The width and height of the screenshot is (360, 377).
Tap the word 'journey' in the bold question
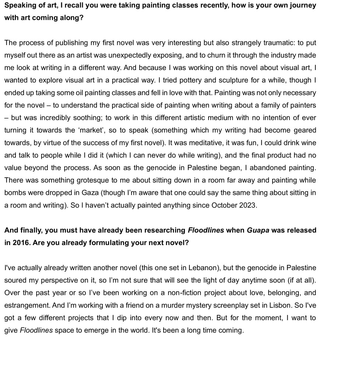303,6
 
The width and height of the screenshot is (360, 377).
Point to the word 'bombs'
15,193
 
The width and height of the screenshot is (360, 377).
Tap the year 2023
247,206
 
